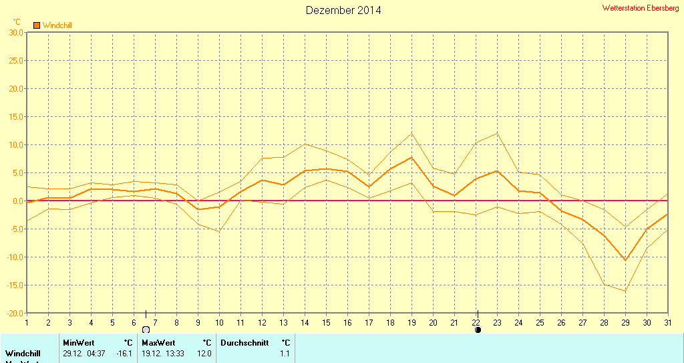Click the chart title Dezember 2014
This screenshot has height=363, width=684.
343,10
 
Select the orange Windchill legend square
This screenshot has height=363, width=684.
37,25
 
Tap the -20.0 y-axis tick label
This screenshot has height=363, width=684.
15,313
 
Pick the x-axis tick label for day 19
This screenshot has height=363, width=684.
411,322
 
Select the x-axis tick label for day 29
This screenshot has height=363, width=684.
625,322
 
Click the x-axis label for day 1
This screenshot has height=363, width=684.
27,322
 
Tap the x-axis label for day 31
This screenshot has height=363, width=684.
668,322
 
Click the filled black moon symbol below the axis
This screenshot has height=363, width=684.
478,330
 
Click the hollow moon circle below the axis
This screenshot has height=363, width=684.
146,330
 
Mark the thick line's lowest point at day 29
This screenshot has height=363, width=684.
625,260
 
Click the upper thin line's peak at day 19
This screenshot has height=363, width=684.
411,133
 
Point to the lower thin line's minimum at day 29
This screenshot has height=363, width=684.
625,291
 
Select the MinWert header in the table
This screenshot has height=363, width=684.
79,342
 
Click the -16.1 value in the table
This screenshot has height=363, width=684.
124,353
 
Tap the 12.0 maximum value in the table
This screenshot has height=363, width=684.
204,353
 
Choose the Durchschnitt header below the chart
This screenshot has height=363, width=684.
244,342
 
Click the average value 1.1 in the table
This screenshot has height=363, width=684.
285,353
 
